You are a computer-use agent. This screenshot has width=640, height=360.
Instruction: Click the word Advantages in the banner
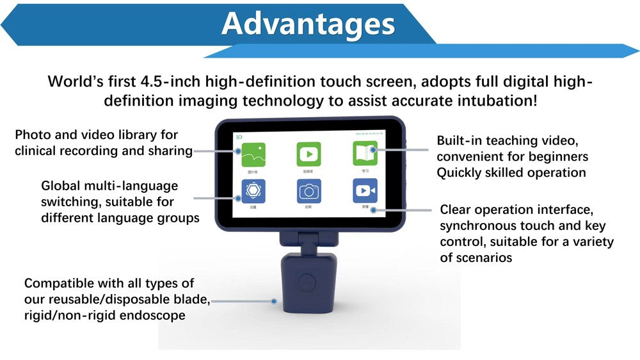tap(308, 24)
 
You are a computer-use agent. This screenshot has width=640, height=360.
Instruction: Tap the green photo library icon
tap(254, 154)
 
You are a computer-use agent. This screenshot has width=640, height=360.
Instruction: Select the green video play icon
tap(308, 154)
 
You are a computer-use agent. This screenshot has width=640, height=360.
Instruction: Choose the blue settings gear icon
tap(254, 191)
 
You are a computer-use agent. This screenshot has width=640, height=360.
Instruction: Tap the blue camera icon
tap(308, 191)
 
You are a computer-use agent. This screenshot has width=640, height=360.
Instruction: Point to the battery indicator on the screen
tap(239, 136)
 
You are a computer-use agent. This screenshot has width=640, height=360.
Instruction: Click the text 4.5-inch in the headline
tap(170, 82)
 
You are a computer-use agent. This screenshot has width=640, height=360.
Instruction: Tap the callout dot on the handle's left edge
tap(275, 300)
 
